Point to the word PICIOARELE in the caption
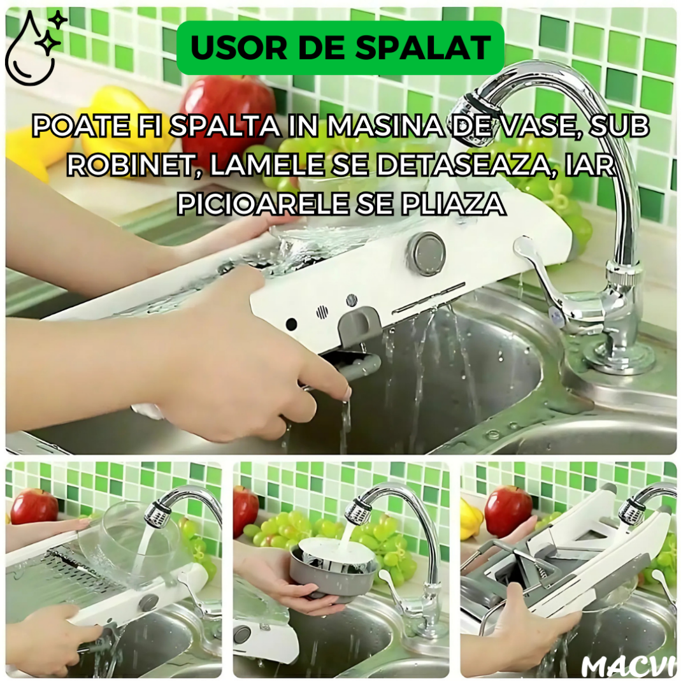click(262, 204)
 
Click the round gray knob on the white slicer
click(426, 252)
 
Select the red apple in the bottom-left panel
click(34, 506)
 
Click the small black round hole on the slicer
click(291, 324)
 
